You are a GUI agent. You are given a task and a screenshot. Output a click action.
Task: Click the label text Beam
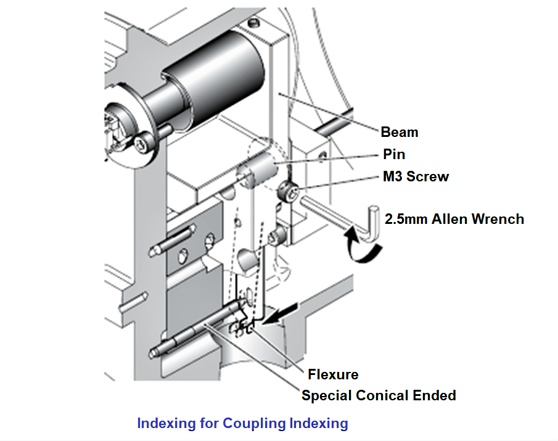pos(399,132)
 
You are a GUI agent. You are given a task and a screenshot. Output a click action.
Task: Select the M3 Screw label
pos(416,177)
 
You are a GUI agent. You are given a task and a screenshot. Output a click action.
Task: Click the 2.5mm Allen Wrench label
pos(454,219)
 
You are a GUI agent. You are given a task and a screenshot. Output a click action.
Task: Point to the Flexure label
pos(333,374)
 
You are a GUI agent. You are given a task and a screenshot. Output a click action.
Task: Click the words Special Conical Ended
pos(379,395)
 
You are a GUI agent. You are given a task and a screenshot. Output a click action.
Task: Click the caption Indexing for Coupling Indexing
pos(242,424)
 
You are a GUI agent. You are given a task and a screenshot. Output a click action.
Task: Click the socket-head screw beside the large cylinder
pos(144,144)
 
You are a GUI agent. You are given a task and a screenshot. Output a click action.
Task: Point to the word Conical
pos(381,395)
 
